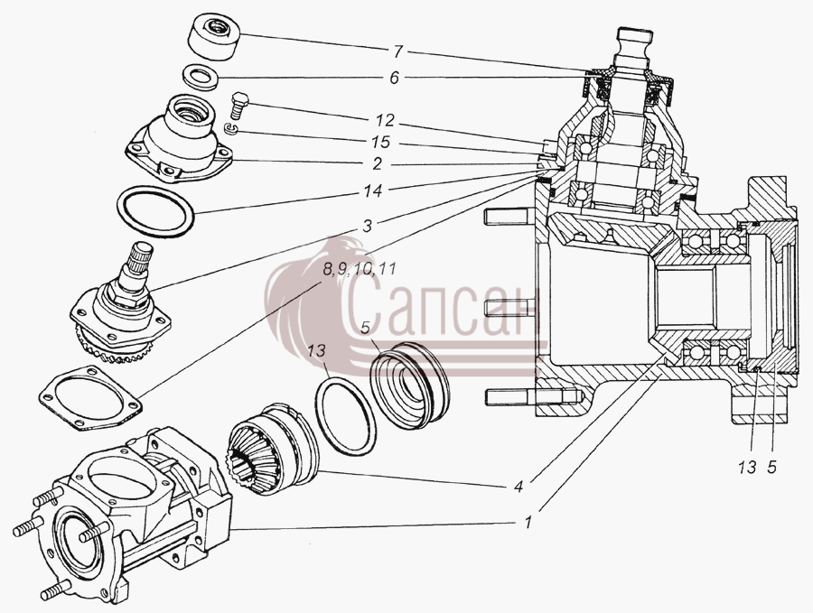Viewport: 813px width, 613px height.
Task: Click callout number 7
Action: point(397,51)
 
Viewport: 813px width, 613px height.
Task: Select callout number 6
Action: point(395,79)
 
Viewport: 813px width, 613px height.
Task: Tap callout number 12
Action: point(385,121)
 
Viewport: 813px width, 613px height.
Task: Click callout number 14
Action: point(373,190)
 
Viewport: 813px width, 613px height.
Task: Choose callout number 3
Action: point(367,226)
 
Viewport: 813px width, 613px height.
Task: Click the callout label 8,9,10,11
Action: point(360,269)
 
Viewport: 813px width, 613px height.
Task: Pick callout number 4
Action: point(519,486)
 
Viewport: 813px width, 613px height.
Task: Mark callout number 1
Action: point(528,523)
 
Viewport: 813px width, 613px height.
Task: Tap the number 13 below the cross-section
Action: point(748,468)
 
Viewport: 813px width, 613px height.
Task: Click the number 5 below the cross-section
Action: point(772,468)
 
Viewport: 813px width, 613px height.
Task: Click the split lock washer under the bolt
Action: point(230,129)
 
